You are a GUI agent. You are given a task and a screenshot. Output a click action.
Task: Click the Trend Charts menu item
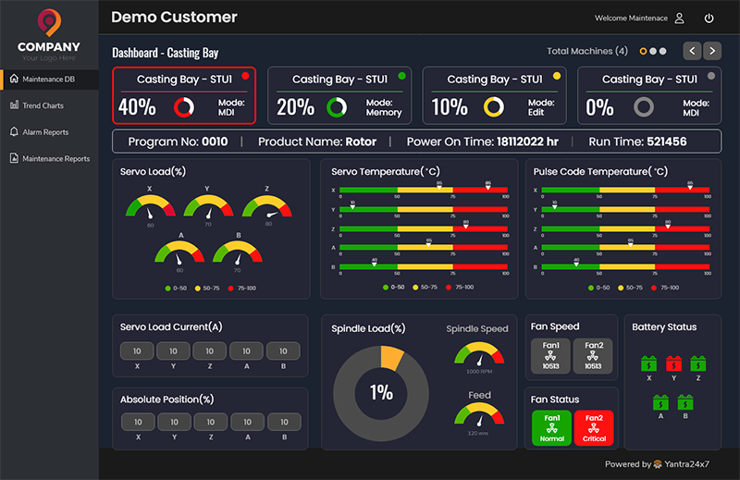tap(43, 105)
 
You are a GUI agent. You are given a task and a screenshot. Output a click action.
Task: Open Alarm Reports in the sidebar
tap(44, 132)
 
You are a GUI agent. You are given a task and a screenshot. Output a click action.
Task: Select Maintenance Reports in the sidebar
tap(55, 159)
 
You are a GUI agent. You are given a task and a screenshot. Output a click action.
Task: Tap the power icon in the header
tap(709, 18)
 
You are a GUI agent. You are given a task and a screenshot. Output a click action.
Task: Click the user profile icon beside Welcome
tap(680, 18)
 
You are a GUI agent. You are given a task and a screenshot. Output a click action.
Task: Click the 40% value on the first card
tap(137, 107)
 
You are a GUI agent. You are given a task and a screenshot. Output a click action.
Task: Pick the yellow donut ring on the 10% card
tap(493, 107)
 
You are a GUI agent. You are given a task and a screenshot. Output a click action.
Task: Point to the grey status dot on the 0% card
tap(710, 76)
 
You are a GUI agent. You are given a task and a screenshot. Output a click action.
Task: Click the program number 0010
tap(215, 142)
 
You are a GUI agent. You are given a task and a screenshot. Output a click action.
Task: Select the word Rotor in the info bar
tap(361, 142)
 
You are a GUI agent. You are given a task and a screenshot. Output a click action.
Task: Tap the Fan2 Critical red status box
tap(594, 427)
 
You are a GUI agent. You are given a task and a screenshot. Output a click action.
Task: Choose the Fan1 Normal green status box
tap(551, 427)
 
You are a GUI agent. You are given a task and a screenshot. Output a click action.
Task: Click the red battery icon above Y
tap(673, 363)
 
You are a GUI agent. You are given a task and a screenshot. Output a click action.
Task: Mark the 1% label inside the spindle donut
tap(381, 392)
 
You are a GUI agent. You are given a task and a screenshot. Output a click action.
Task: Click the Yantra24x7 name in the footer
tap(692, 464)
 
